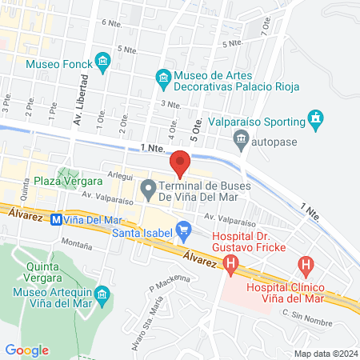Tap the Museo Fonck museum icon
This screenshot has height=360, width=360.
pos(102,62)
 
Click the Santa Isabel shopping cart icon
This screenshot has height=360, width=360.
pos(183,231)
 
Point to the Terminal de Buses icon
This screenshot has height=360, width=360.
pos(148,190)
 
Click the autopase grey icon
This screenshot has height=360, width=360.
pos(241,142)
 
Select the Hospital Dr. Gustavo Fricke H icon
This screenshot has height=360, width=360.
pos(231,262)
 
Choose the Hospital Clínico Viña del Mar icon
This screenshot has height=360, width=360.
pos(305,263)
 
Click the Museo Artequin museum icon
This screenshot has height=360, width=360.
pos(102,296)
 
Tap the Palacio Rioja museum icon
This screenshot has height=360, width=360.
pos(163,77)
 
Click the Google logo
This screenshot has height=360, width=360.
pos(27,350)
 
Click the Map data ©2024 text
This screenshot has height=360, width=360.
pos(325,353)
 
